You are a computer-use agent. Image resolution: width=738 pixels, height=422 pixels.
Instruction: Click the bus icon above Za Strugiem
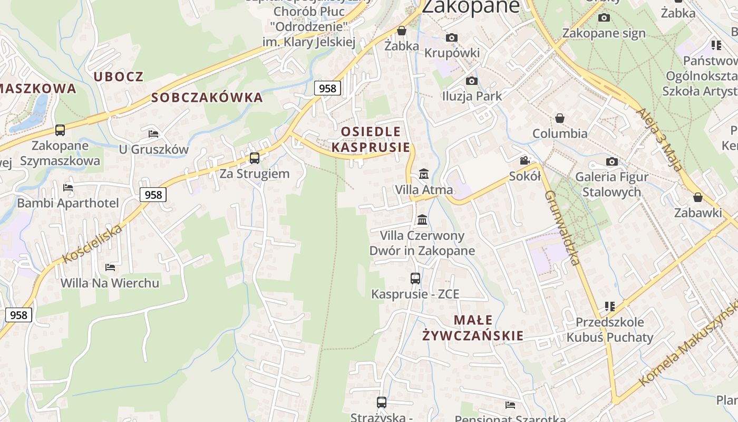255,158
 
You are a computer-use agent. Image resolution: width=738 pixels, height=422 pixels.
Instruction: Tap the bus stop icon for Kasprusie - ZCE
415,278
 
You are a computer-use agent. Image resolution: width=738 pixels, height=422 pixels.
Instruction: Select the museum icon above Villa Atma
423,174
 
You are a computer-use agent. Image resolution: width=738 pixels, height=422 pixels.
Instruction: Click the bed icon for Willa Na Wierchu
110,267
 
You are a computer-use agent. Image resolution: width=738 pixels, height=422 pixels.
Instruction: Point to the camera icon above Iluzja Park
472,81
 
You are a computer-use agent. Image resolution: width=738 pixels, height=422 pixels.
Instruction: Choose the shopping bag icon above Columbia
560,118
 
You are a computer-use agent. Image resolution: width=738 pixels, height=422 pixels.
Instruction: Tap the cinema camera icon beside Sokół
525,160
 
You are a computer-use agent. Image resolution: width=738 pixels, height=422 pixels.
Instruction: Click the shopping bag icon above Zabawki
698,197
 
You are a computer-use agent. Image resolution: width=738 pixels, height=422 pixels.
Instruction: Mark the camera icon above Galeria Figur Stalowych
611,161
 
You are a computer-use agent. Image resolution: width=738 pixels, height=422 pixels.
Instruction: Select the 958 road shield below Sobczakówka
327,88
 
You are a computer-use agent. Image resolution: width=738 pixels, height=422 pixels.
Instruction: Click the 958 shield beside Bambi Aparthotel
153,195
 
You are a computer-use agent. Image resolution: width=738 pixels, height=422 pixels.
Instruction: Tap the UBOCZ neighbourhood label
119,76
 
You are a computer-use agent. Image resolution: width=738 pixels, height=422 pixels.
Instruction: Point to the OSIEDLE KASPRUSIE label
371,139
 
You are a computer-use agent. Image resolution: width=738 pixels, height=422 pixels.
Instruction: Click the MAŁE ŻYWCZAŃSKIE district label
473,328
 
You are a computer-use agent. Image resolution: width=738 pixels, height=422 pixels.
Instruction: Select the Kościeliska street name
93,243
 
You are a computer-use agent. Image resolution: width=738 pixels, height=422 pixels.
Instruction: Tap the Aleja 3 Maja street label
659,139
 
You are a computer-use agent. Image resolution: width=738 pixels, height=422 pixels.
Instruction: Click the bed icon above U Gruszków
153,133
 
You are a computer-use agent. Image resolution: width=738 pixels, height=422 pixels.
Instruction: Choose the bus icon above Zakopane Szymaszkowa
60,130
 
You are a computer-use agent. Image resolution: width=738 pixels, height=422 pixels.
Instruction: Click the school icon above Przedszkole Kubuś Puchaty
610,306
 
